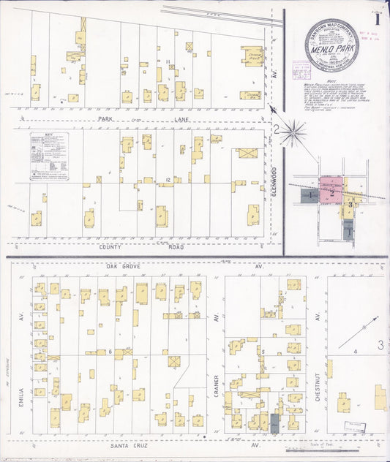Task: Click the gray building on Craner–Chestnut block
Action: click(274, 422)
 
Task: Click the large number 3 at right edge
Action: click(380, 345)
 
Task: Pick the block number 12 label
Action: click(168, 179)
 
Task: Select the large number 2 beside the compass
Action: click(277, 130)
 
